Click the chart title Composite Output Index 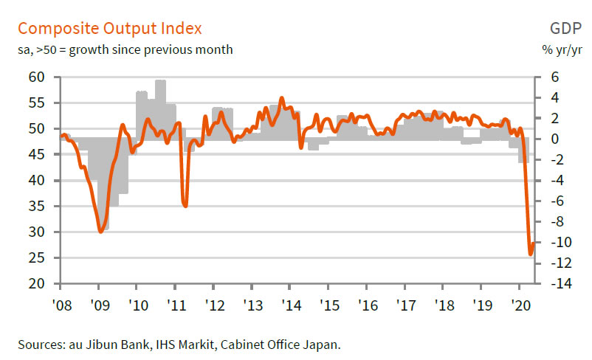tap(109, 29)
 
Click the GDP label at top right tap(565, 29)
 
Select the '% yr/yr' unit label tap(563, 50)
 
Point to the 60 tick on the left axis tap(36, 77)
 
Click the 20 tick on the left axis tap(36, 283)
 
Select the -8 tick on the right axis tap(554, 221)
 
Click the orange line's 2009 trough tap(101, 232)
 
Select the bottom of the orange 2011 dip tap(185, 205)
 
